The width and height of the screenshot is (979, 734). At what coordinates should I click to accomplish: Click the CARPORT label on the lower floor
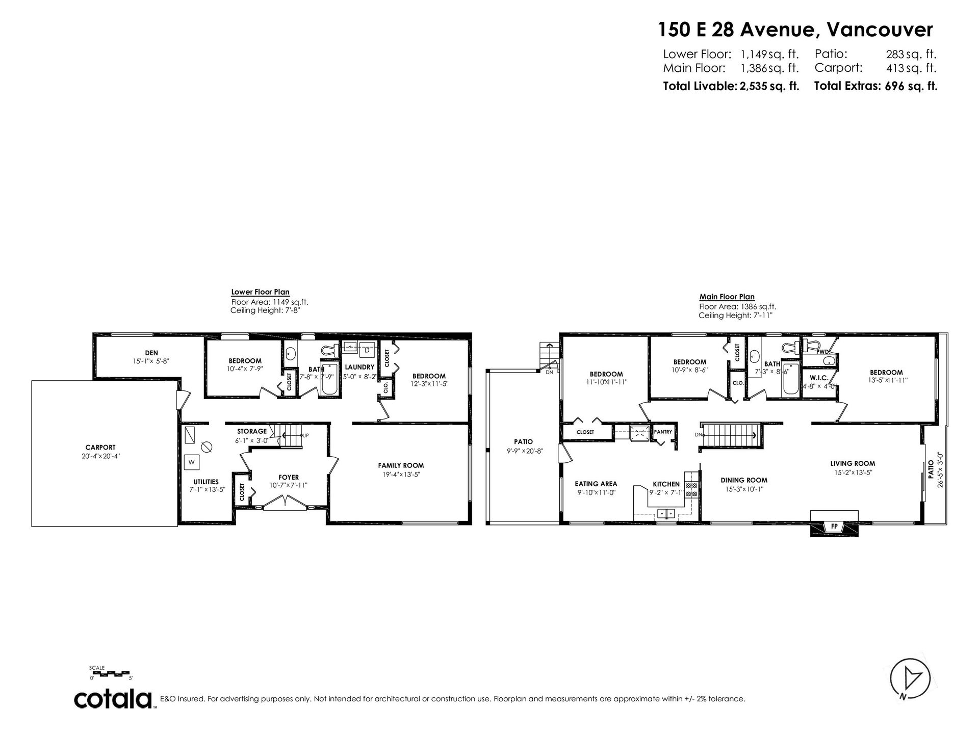coord(100,448)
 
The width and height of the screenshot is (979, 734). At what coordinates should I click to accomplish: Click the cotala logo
coord(114,699)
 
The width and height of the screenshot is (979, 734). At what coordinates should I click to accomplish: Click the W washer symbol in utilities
coord(192,462)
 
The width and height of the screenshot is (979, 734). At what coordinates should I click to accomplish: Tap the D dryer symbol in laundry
coord(367,350)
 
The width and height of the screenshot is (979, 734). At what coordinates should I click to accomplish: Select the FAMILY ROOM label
coord(401,465)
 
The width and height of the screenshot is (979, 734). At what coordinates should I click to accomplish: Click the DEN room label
coord(151,353)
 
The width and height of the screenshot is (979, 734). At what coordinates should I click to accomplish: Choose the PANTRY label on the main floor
coord(663,432)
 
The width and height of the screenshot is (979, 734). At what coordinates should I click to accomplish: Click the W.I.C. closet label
coord(819,378)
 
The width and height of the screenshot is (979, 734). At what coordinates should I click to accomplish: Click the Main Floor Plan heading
coord(727,297)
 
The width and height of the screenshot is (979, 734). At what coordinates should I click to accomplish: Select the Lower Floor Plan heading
coord(260,292)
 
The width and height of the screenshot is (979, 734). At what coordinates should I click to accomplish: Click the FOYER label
coord(289,478)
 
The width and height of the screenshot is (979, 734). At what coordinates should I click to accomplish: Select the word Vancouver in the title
coord(880,30)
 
